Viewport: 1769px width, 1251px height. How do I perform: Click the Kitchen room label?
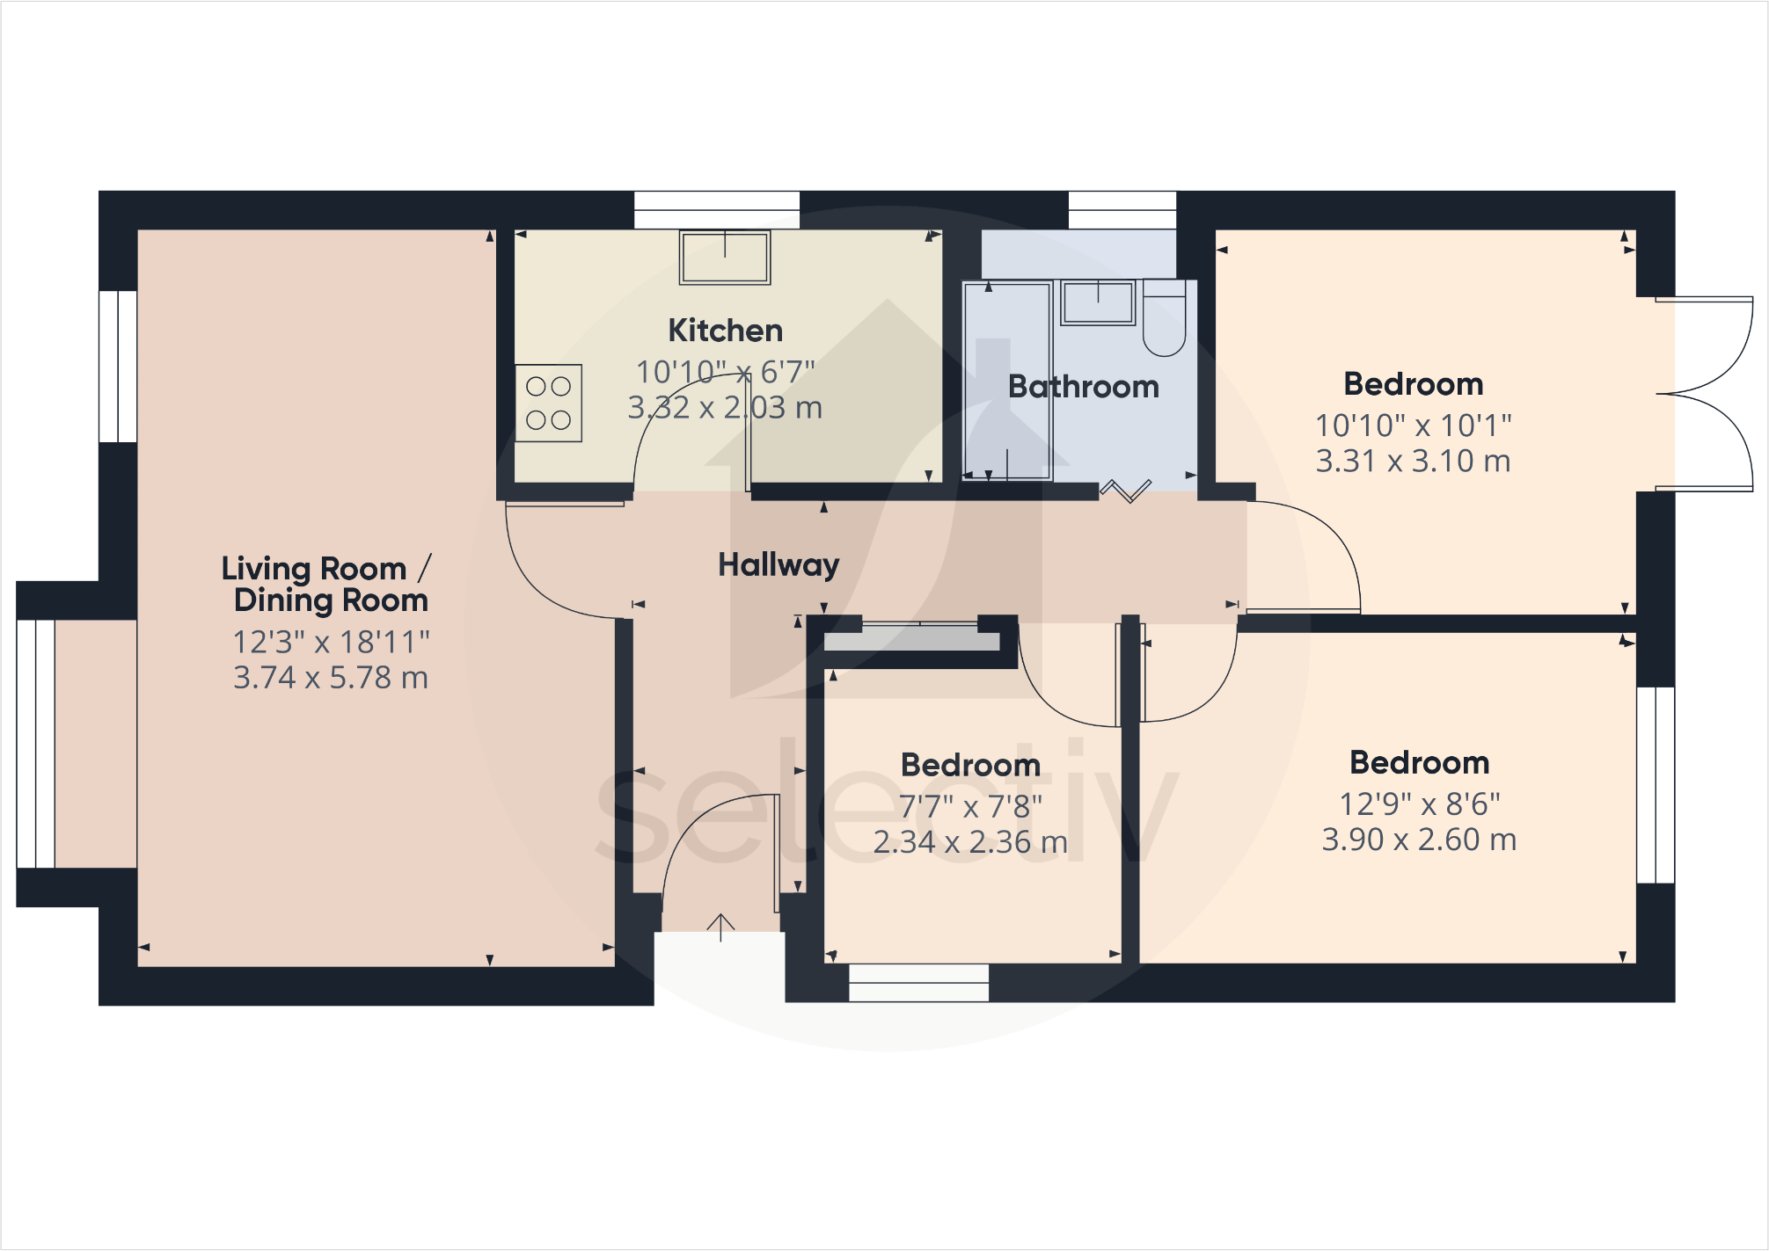click(x=725, y=331)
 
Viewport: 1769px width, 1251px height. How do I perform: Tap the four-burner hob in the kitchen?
click(x=548, y=403)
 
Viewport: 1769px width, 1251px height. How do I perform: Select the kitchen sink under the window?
click(x=725, y=258)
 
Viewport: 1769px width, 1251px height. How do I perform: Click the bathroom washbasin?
click(x=1097, y=302)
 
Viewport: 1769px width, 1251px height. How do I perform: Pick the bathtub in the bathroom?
click(x=1007, y=380)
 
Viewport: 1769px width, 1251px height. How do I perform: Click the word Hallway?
click(x=779, y=564)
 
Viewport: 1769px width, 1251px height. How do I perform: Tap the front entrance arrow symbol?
click(x=720, y=927)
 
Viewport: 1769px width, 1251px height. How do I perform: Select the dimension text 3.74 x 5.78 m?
click(x=330, y=678)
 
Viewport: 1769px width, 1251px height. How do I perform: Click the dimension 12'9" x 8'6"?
click(x=1419, y=804)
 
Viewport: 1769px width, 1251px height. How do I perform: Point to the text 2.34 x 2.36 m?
click(x=970, y=842)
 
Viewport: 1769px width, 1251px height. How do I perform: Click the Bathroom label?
click(x=1083, y=387)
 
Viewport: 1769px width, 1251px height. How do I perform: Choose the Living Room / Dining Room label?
click(x=326, y=584)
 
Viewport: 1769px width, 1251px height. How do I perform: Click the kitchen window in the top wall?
click(x=717, y=210)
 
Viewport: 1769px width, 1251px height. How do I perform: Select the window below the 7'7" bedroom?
click(x=918, y=983)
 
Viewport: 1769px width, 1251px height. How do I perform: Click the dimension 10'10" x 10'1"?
click(x=1413, y=425)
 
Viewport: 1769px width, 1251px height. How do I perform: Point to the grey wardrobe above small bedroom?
click(x=911, y=640)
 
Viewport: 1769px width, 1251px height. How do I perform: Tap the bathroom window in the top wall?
click(x=1122, y=210)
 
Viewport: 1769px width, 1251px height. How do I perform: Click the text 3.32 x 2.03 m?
click(x=725, y=408)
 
